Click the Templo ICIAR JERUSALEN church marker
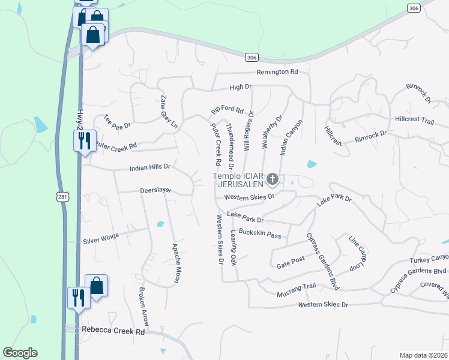tap(273, 179)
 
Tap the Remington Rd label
tap(277, 72)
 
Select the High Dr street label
tap(240, 88)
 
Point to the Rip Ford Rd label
tap(227, 111)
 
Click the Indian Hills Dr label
tap(150, 168)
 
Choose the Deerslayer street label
tap(155, 190)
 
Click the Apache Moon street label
tap(176, 263)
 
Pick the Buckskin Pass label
tap(260, 233)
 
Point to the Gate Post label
tap(291, 262)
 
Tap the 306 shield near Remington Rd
tap(252, 57)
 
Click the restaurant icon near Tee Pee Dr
tap(84, 140)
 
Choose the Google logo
tap(20, 353)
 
